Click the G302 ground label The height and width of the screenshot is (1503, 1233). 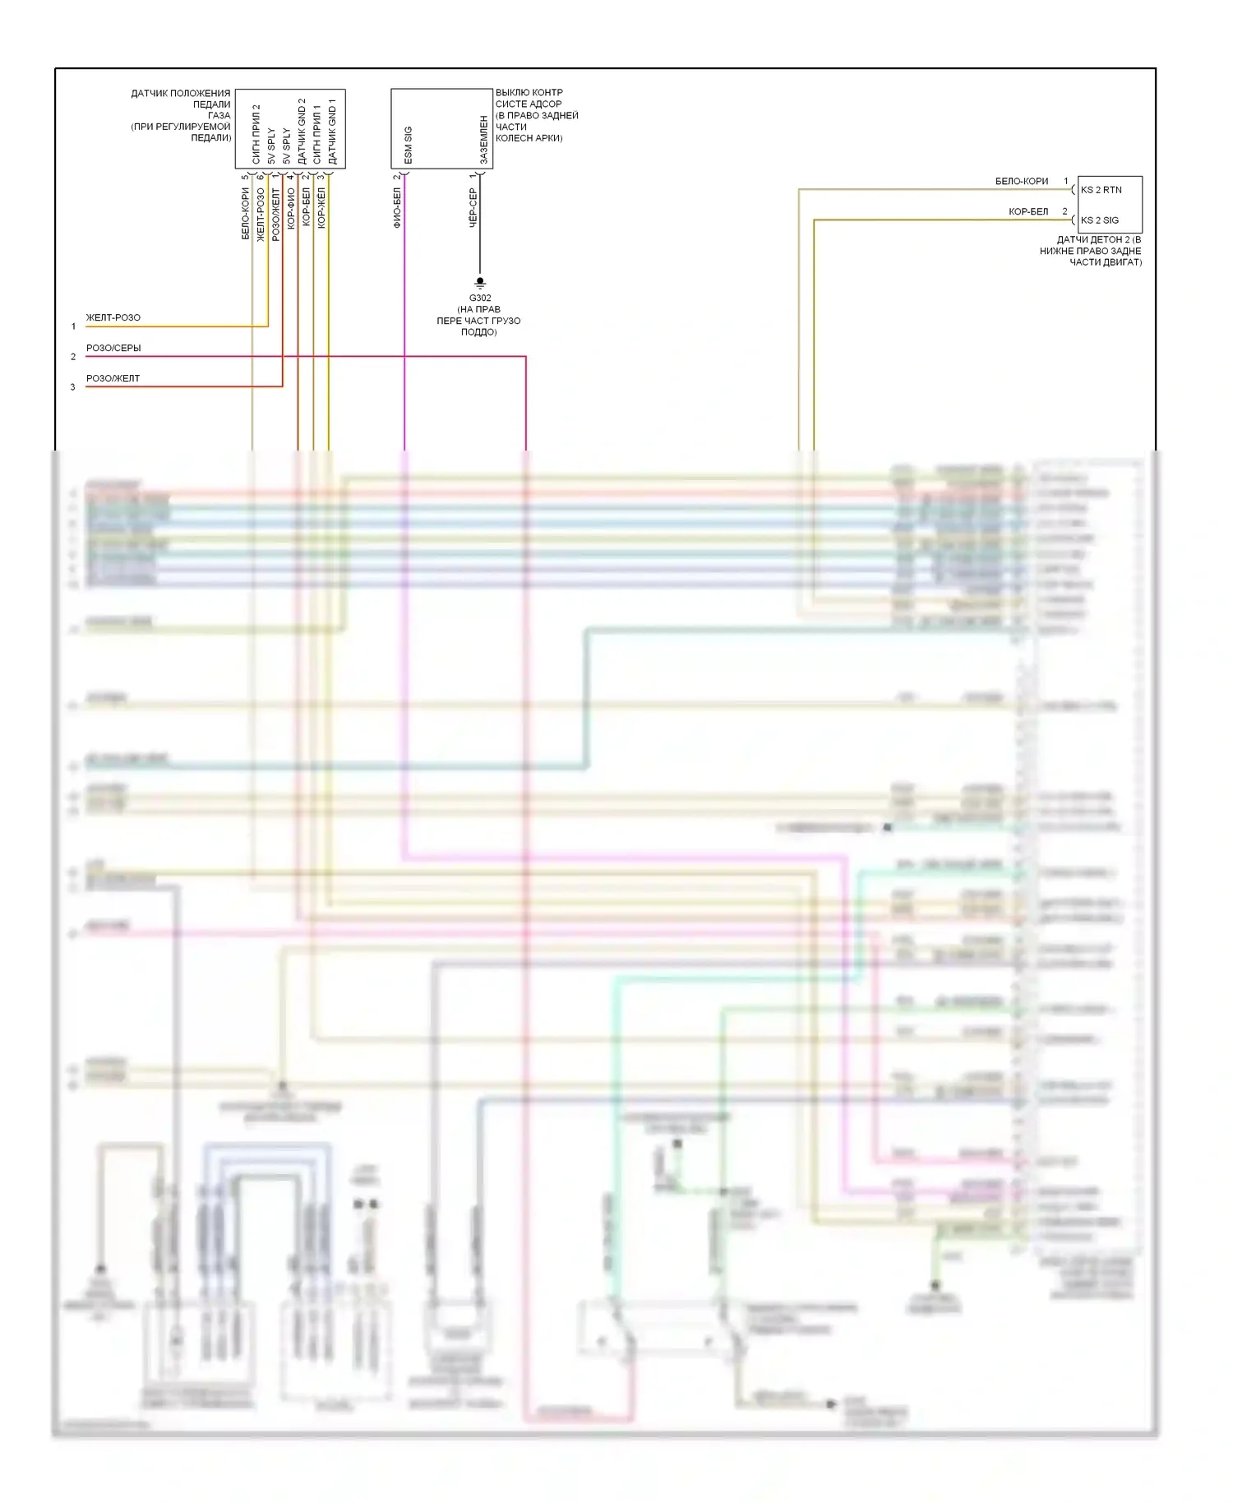480,298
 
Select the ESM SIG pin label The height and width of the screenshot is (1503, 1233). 409,146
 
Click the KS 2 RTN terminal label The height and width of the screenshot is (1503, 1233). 1101,190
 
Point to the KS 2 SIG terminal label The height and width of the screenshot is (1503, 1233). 1100,220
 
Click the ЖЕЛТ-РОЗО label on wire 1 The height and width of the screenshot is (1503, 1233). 113,318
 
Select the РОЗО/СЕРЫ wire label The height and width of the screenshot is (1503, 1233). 113,349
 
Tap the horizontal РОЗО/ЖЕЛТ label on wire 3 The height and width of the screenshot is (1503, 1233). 113,379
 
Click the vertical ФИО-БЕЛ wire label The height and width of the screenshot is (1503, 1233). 397,208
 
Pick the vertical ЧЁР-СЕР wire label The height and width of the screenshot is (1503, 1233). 473,208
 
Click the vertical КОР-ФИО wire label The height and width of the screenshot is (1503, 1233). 291,209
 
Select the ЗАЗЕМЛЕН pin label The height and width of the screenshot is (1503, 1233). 484,140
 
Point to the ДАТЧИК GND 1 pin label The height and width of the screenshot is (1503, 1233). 333,132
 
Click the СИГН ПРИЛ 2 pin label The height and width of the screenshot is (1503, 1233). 256,134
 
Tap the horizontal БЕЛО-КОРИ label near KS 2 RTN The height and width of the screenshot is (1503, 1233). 1022,182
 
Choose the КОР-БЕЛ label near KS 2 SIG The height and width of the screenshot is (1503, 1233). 1028,212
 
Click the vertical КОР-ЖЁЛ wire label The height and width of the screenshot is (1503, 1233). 321,208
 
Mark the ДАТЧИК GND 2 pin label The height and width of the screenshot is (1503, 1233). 302,132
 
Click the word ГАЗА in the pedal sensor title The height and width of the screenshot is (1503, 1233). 219,116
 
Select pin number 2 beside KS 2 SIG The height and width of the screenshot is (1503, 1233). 1064,212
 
